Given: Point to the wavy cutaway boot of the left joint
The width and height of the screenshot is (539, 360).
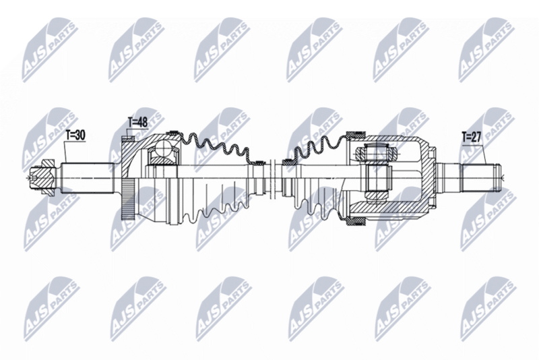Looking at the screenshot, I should click(216, 145).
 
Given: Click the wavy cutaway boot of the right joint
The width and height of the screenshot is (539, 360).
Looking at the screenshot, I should click(317, 145).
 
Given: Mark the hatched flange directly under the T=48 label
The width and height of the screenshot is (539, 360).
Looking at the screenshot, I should click(128, 145).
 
